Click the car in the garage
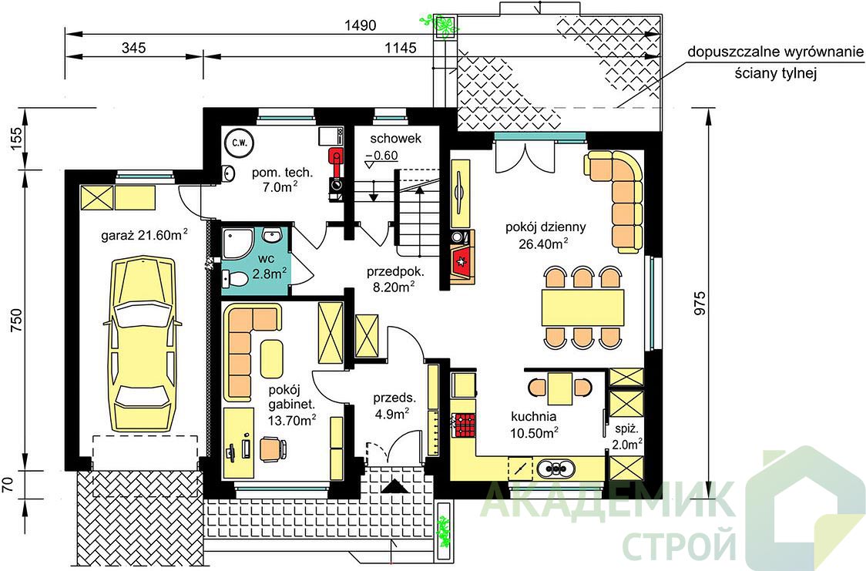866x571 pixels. tap(143, 344)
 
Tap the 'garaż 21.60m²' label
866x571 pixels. tap(144, 235)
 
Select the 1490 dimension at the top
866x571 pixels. tap(360, 25)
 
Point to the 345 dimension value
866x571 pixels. tap(133, 48)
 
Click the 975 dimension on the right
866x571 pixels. tap(700, 303)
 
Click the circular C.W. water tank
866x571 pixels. tap(239, 143)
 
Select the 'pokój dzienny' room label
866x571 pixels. tap(545, 227)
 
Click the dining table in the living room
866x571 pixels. tap(582, 307)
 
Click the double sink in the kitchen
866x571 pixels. tap(556, 469)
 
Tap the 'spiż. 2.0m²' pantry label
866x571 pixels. tap(627, 436)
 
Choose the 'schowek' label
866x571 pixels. tap(395, 139)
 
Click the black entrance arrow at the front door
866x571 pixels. tap(394, 486)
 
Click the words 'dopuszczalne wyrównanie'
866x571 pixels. tap(775, 52)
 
